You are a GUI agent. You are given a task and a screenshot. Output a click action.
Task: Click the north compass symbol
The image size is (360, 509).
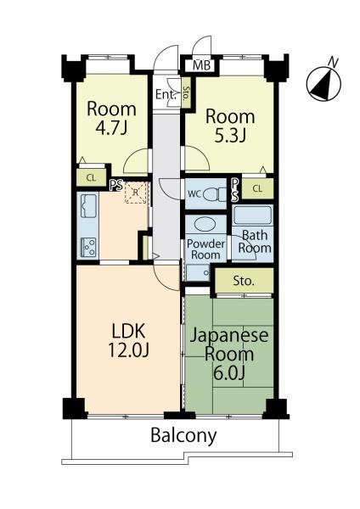323,83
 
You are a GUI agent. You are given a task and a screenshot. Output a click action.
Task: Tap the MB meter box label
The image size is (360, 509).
202,65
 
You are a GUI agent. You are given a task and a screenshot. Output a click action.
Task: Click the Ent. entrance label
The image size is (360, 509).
166,95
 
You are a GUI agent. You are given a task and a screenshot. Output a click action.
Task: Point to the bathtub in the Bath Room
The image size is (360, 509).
253,215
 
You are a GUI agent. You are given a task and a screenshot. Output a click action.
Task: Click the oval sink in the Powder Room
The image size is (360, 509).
205,224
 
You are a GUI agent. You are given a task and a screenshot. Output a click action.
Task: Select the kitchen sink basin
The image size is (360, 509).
88,206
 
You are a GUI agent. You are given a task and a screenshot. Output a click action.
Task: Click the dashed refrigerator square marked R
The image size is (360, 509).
136,193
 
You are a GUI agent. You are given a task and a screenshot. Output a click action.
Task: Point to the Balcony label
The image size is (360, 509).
183,435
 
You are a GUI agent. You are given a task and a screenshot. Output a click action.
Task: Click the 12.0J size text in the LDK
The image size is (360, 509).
129,350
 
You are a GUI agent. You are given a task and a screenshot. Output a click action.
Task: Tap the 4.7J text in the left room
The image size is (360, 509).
111,127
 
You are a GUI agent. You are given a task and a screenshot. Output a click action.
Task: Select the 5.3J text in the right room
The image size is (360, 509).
230,136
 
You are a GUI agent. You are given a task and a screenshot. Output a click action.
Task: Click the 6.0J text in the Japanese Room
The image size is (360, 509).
228,372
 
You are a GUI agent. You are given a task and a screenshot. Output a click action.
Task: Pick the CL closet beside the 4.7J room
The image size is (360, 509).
92,177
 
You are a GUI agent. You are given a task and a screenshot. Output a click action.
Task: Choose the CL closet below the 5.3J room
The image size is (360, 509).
257,188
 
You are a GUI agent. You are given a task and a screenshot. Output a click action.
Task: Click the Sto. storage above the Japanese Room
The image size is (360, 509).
245,281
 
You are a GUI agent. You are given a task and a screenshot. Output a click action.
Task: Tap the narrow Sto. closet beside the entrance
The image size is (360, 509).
186,92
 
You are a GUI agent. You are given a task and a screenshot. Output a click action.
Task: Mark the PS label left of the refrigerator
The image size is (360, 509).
116,185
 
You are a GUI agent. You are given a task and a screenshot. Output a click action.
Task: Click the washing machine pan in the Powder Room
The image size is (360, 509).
198,273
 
